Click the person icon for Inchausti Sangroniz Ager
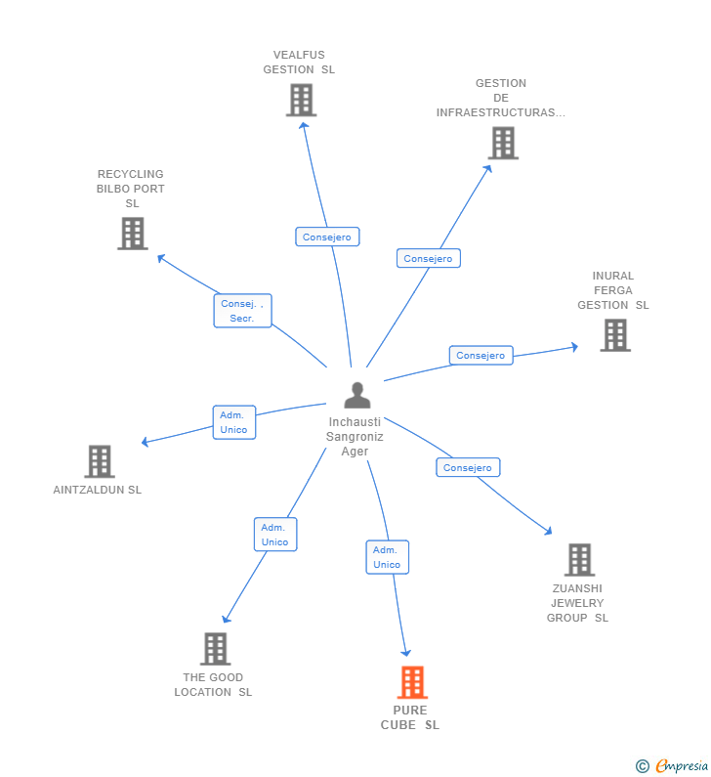pyautogui.click(x=357, y=396)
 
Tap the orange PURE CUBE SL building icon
pyautogui.click(x=412, y=682)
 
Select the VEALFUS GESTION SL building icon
pyautogui.click(x=301, y=100)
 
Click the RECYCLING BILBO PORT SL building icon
pyautogui.click(x=133, y=234)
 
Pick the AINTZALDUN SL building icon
pyautogui.click(x=100, y=461)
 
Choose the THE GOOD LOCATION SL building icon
pyautogui.click(x=215, y=649)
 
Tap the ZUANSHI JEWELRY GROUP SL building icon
pyautogui.click(x=579, y=560)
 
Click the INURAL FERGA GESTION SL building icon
pyautogui.click(x=614, y=335)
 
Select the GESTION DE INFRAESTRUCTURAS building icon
pyautogui.click(x=503, y=144)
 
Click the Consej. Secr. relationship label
pyautogui.click(x=242, y=311)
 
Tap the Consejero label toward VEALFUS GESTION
pyautogui.click(x=327, y=237)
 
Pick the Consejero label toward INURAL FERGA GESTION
pyautogui.click(x=481, y=356)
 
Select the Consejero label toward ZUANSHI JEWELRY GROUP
pyautogui.click(x=467, y=467)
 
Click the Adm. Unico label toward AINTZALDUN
pyautogui.click(x=233, y=422)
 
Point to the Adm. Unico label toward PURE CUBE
pyautogui.click(x=387, y=557)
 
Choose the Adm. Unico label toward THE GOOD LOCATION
pyautogui.click(x=274, y=535)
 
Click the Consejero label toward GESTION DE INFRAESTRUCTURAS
pyautogui.click(x=428, y=258)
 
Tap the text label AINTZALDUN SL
pyautogui.click(x=98, y=490)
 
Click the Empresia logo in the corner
pyautogui.click(x=672, y=766)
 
